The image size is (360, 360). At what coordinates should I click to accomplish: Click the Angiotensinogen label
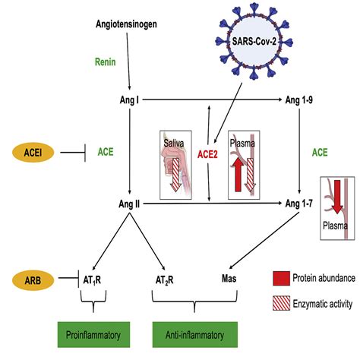pyautogui.click(x=126, y=24)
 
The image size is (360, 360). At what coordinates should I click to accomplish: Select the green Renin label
pyautogui.click(x=106, y=62)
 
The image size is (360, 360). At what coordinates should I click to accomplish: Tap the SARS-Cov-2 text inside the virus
pyautogui.click(x=254, y=41)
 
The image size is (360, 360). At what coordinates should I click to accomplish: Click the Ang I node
pyautogui.click(x=129, y=100)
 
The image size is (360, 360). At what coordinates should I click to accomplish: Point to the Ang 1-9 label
pyautogui.click(x=299, y=100)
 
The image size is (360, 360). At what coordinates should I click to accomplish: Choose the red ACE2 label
pyautogui.click(x=207, y=154)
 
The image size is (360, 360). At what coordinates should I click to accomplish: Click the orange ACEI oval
pyautogui.click(x=33, y=153)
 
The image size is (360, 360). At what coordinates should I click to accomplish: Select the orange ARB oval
pyautogui.click(x=33, y=280)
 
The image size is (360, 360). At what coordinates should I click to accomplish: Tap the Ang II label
pyautogui.click(x=129, y=204)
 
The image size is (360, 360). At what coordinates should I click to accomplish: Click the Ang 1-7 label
pyautogui.click(x=299, y=204)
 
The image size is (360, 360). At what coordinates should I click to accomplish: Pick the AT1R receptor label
pyautogui.click(x=92, y=280)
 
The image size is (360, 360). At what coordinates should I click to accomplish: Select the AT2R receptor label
pyautogui.click(x=165, y=280)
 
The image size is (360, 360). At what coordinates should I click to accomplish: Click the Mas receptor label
pyautogui.click(x=229, y=279)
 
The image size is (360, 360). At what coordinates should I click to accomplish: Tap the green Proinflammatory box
pyautogui.click(x=93, y=335)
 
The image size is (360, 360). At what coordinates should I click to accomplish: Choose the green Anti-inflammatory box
pyautogui.click(x=195, y=335)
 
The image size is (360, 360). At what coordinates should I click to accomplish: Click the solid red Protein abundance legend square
pyautogui.click(x=281, y=278)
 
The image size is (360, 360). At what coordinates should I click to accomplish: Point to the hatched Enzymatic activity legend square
pyautogui.click(x=281, y=303)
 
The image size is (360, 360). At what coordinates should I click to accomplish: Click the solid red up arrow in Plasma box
pyautogui.click(x=238, y=175)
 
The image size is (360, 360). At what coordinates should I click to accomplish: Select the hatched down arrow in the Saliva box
pyautogui.click(x=175, y=175)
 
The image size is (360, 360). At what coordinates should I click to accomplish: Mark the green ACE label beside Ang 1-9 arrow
pyautogui.click(x=320, y=153)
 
